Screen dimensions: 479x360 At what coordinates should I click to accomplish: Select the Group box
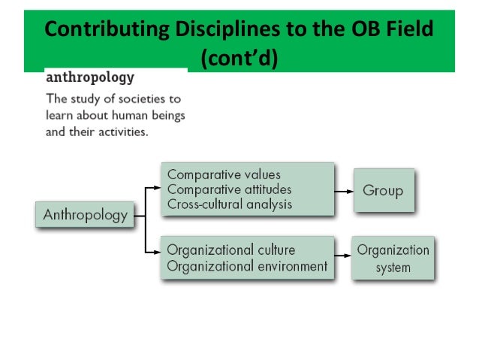383,191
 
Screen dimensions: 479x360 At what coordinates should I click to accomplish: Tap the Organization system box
393,258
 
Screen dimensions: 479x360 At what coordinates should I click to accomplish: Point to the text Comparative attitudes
228,189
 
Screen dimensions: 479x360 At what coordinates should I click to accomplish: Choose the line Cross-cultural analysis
229,203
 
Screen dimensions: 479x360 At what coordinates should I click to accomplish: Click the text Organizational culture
230,250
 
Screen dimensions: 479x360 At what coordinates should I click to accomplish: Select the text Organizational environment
246,266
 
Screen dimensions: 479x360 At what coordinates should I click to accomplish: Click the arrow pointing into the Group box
345,191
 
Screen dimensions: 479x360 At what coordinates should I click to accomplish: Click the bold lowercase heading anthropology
90,77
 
